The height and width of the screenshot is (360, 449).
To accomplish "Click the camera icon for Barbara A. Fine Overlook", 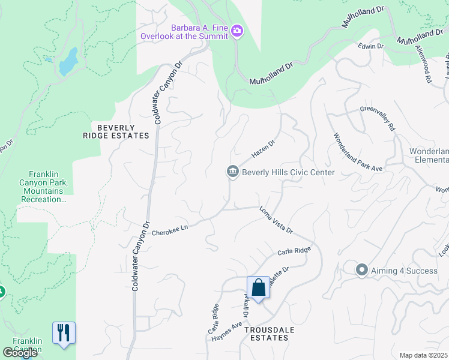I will [237, 31].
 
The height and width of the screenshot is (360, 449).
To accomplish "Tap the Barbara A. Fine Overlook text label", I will [184, 31].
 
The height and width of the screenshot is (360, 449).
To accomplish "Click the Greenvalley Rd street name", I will [378, 118].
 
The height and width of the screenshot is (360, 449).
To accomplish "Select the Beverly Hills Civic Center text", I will [288, 172].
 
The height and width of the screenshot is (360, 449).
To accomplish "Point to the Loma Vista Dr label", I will [276, 220].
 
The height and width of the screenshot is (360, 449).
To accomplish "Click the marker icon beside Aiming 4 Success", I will [361, 270].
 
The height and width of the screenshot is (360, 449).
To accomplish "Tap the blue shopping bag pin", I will [258, 288].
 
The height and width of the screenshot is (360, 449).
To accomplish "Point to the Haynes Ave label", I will [226, 331].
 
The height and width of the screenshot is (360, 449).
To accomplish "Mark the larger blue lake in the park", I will [69, 61].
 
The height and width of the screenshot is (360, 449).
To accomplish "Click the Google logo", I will [20, 353].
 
